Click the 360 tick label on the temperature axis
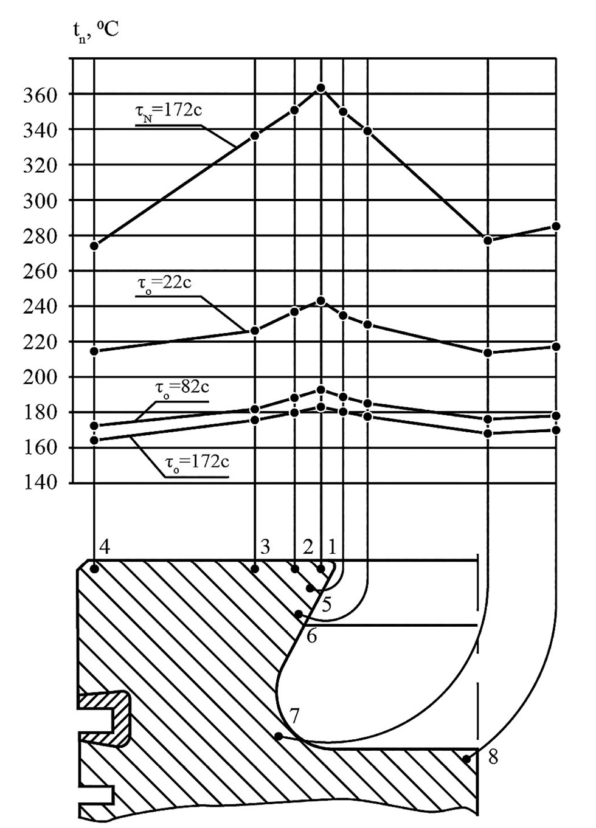coord(41,95)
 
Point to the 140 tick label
coord(41,483)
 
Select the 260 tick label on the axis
coord(41,272)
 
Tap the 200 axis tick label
coord(41,378)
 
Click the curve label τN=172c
coord(168,111)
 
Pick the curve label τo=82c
coord(182,388)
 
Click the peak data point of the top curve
coord(321,88)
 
